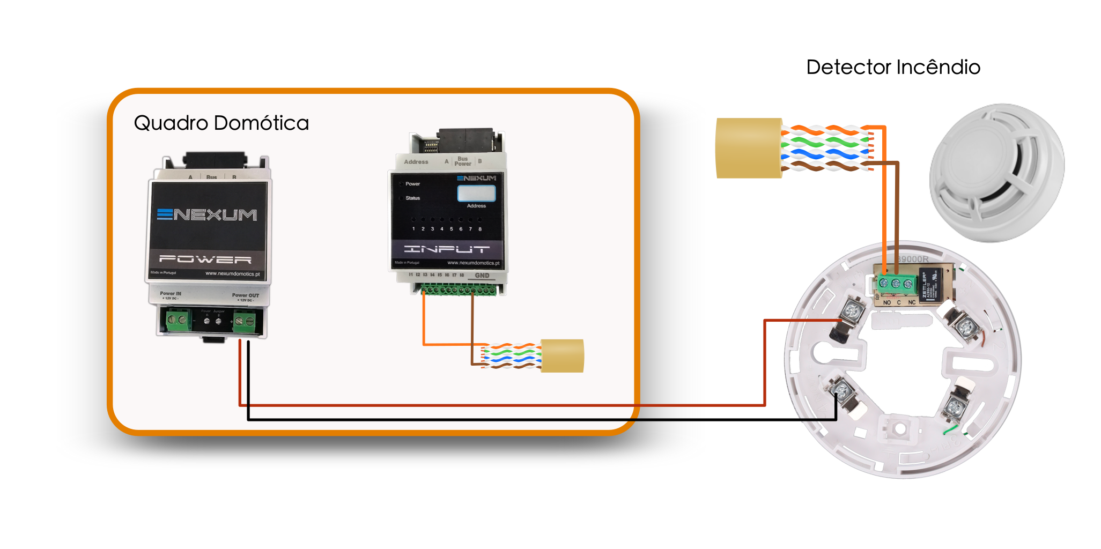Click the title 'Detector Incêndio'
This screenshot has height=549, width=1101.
pyautogui.click(x=893, y=68)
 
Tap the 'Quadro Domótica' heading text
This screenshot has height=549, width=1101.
pyautogui.click(x=221, y=123)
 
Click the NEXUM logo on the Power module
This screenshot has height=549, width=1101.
pyautogui.click(x=207, y=215)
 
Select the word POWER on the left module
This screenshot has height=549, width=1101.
pyautogui.click(x=205, y=259)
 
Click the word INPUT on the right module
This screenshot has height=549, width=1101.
pyautogui.click(x=447, y=249)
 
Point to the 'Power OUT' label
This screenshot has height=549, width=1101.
pyautogui.click(x=245, y=295)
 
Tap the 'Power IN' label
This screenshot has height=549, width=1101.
pyautogui.click(x=171, y=294)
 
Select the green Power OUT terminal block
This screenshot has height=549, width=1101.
pyautogui.click(x=245, y=321)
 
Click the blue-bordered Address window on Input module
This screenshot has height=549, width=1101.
pyautogui.click(x=476, y=193)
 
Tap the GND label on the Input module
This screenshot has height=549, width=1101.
pyautogui.click(x=482, y=276)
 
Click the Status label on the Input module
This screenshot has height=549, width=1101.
pyautogui.click(x=412, y=198)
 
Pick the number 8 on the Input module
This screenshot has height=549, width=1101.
pyautogui.click(x=480, y=229)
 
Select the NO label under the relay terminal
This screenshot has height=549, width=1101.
pyautogui.click(x=887, y=303)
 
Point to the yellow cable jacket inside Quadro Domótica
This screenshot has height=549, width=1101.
pyautogui.click(x=562, y=355)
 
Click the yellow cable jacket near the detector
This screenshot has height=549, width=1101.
pyautogui.click(x=749, y=148)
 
